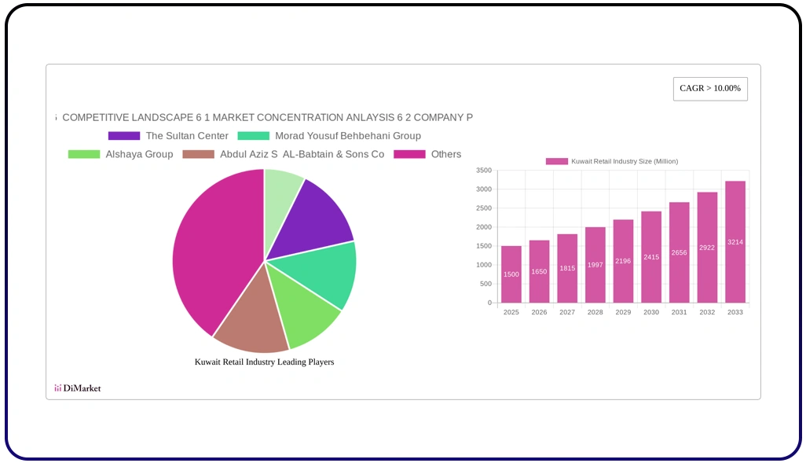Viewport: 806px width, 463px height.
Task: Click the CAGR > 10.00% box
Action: (710, 89)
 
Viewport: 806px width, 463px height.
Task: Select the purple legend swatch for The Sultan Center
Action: (124, 136)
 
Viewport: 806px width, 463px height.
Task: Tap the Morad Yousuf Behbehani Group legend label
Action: (347, 136)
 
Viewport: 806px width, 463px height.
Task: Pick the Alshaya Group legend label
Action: (139, 154)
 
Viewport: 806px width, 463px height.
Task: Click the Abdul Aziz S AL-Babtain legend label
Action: (302, 154)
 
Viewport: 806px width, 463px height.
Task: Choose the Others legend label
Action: (445, 154)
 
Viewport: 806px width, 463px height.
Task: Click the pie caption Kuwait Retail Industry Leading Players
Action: (264, 362)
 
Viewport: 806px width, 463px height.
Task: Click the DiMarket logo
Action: (77, 388)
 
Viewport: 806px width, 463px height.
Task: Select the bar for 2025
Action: (511, 274)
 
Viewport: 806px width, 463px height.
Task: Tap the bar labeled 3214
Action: (735, 242)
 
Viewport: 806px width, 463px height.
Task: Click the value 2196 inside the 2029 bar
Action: (623, 261)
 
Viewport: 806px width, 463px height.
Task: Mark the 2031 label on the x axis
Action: (679, 313)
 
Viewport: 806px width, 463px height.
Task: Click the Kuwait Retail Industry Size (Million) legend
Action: (612, 161)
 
